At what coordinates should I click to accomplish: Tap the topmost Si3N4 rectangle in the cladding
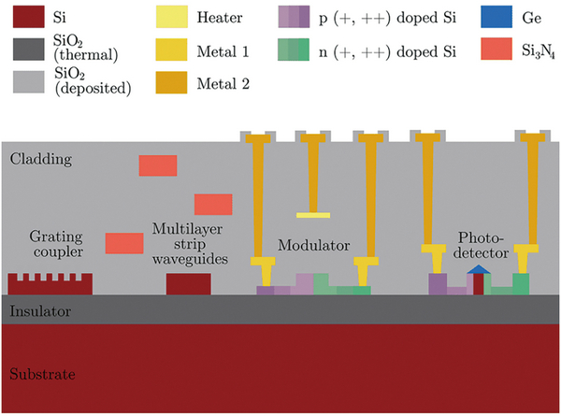tap(158, 165)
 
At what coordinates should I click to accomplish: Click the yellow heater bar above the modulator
tap(313, 215)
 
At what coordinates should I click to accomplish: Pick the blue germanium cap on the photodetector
tap(478, 269)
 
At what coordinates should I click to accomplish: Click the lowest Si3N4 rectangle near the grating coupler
tap(124, 243)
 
